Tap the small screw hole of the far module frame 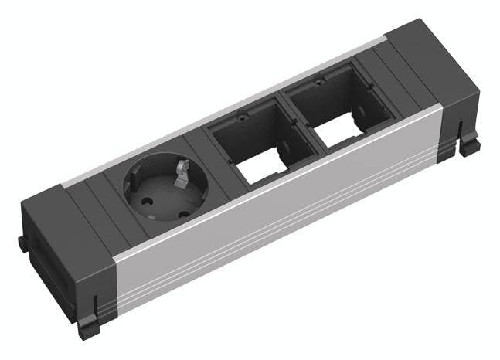[316, 80]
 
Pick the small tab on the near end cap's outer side [23, 243]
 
